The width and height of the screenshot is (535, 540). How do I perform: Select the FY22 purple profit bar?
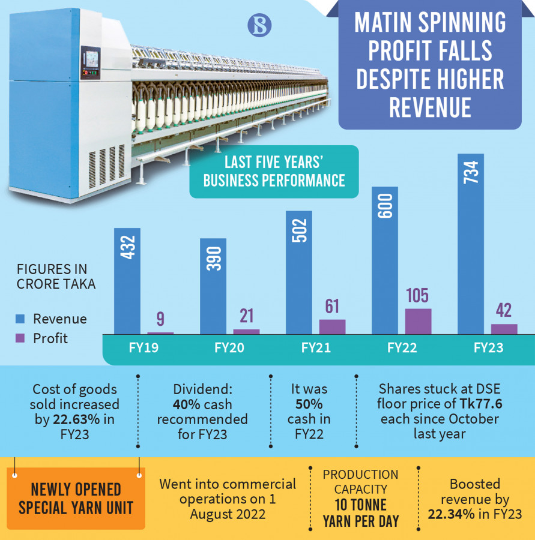(419, 321)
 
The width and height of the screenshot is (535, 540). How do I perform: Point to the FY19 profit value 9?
(160, 319)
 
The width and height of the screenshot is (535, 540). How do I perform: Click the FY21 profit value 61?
(332, 306)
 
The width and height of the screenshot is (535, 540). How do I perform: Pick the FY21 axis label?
(316, 348)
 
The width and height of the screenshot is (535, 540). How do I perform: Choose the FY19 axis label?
(144, 348)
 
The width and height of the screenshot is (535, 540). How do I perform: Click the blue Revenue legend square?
(20, 319)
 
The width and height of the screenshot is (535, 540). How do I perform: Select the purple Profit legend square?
(20, 338)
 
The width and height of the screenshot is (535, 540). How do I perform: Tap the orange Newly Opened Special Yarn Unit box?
(76, 499)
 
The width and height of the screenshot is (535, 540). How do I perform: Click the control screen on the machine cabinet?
(92, 59)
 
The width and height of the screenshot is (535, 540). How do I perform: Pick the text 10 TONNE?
(361, 505)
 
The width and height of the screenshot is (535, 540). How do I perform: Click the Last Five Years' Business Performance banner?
(274, 172)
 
